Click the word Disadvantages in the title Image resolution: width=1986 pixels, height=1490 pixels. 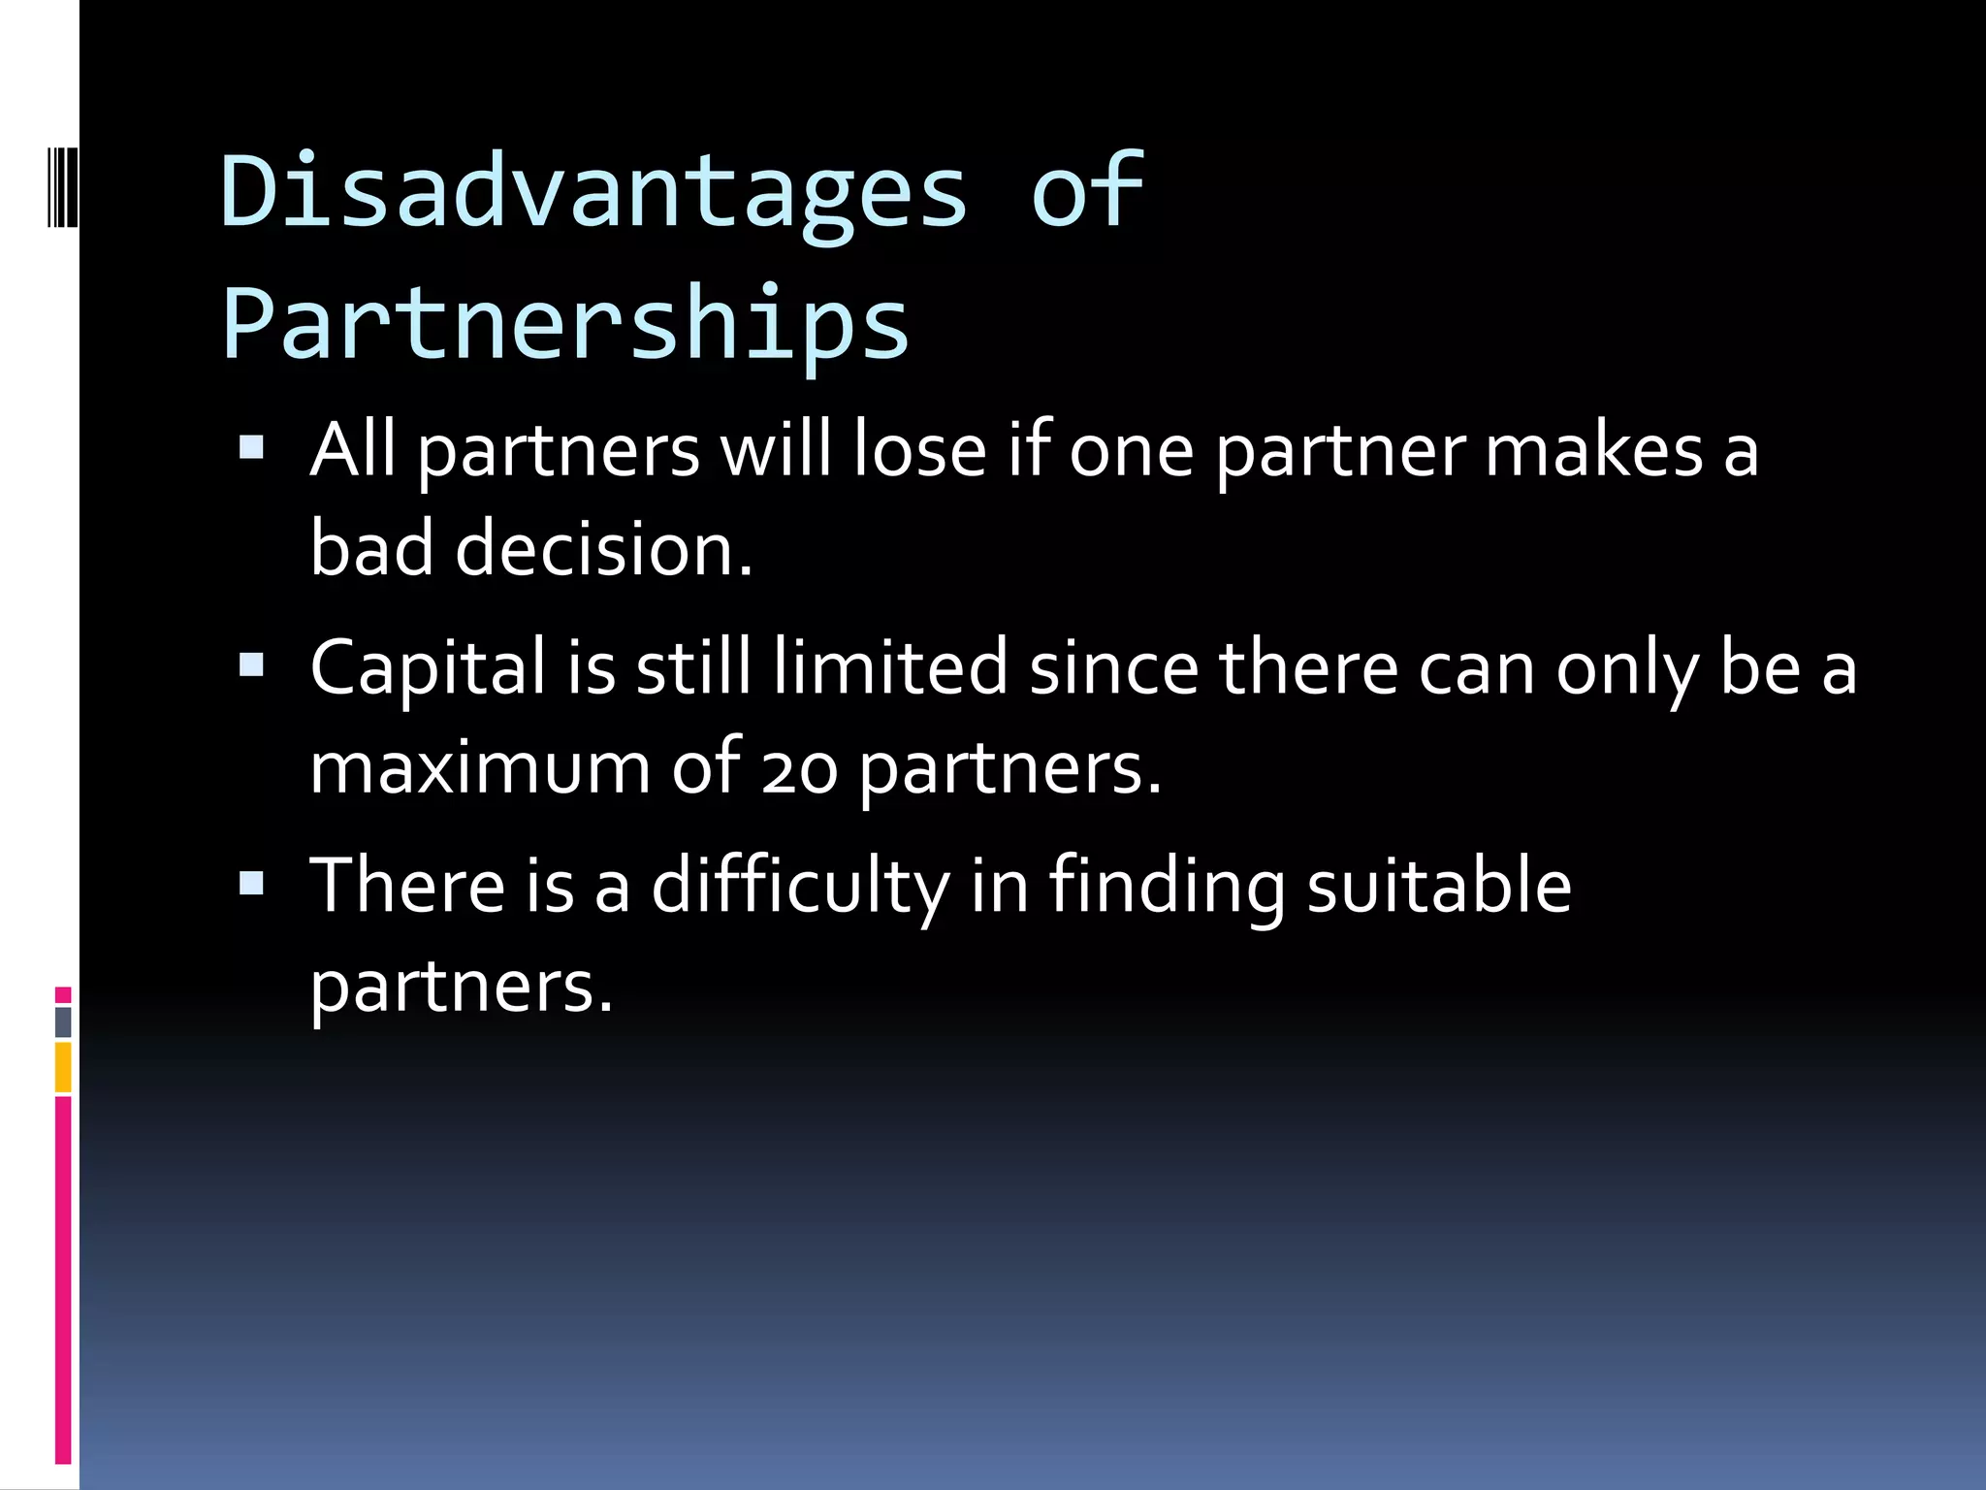click(x=593, y=191)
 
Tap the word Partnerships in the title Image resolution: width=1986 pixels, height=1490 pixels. click(x=565, y=323)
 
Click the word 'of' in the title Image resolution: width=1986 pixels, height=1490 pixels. click(x=1087, y=191)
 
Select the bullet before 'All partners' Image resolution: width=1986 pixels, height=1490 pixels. click(x=251, y=447)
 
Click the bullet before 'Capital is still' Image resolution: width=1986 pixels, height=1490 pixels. click(x=251, y=665)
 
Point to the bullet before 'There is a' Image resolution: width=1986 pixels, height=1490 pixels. click(x=251, y=883)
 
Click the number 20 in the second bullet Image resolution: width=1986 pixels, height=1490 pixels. click(x=798, y=769)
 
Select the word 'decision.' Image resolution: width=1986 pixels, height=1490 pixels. click(x=603, y=549)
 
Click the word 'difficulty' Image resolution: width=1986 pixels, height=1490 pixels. click(x=800, y=887)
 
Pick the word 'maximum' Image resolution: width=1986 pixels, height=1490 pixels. click(x=480, y=769)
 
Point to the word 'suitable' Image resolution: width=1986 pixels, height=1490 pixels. click(x=1438, y=887)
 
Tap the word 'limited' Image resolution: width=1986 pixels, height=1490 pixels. click(x=890, y=668)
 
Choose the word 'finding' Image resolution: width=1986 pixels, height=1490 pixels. click(x=1167, y=887)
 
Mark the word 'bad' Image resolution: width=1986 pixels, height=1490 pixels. click(x=371, y=549)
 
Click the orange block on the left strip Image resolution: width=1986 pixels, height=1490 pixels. click(x=63, y=1067)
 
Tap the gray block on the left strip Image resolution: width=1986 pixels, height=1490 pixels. click(x=63, y=1022)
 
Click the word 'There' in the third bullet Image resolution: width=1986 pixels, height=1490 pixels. click(x=407, y=887)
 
